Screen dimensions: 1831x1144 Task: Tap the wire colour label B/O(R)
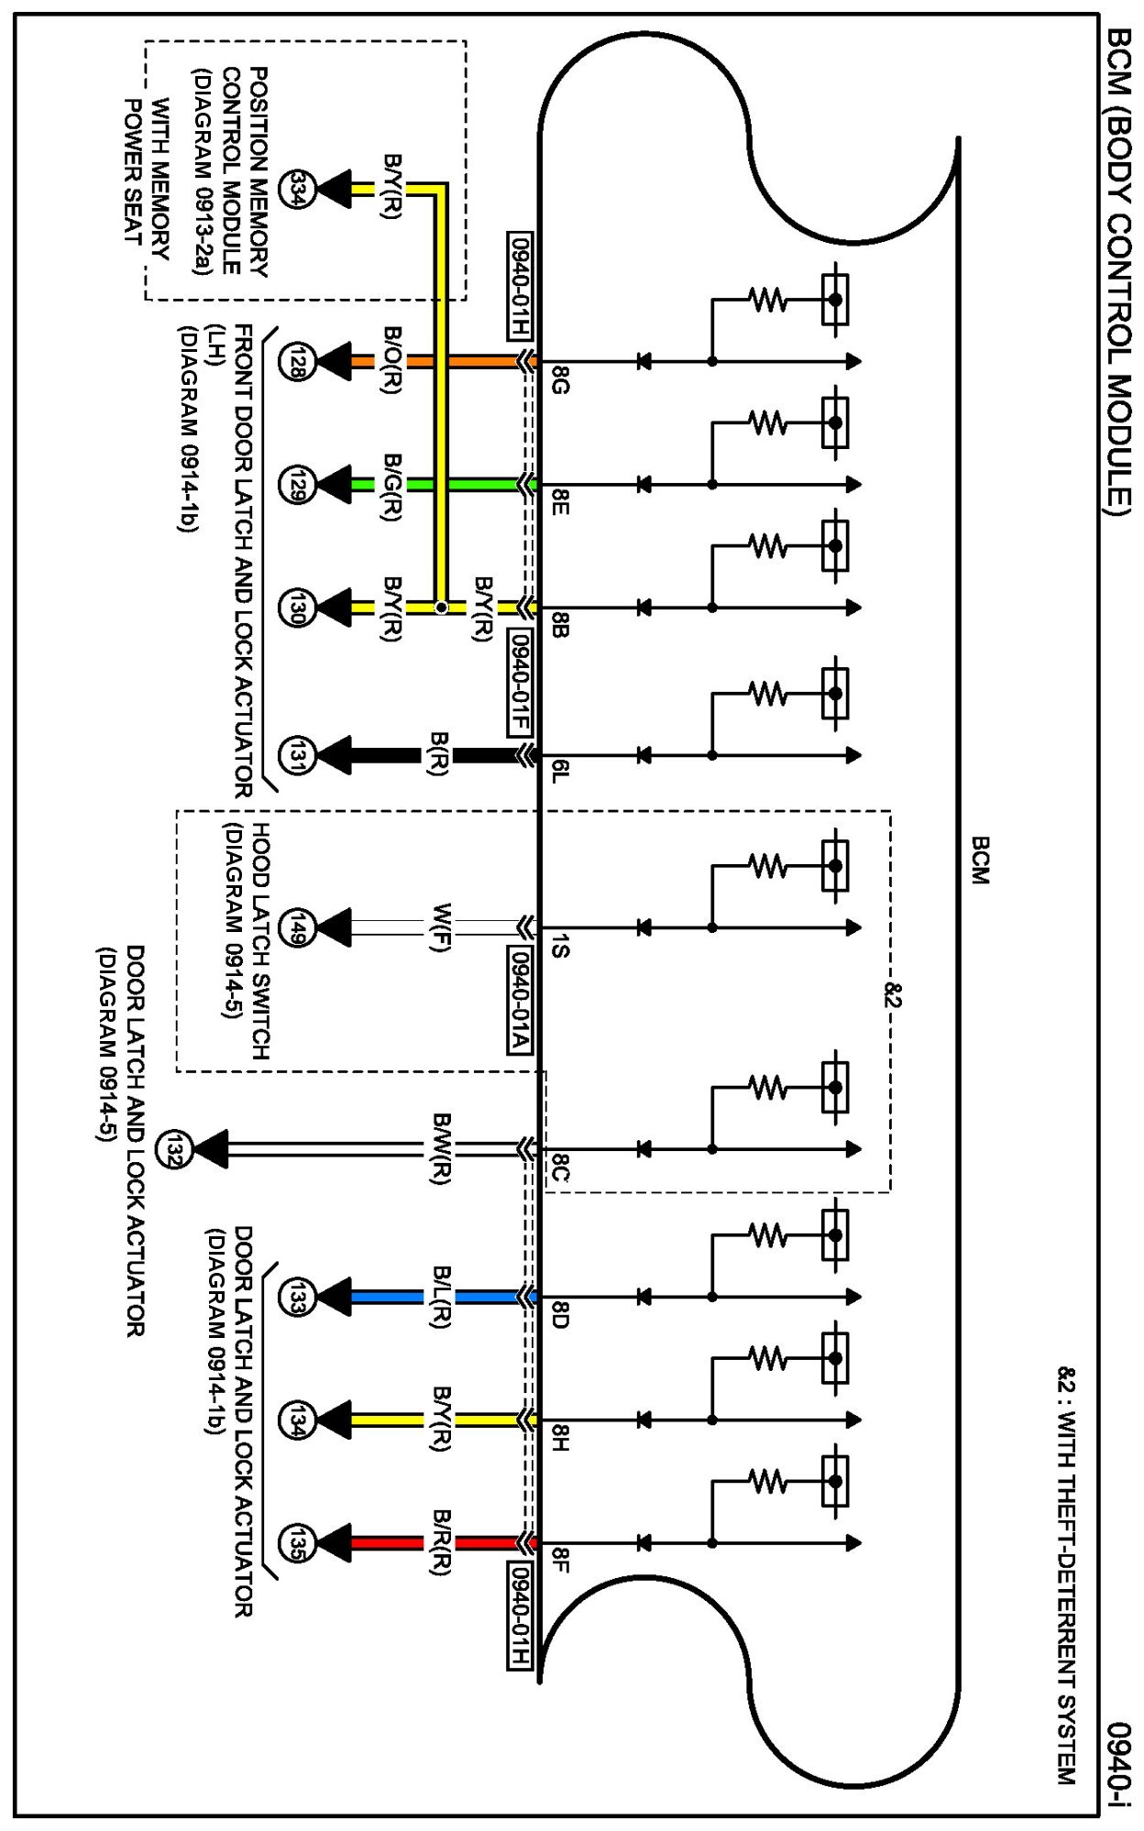point(392,360)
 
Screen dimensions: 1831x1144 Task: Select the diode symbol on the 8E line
point(643,484)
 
